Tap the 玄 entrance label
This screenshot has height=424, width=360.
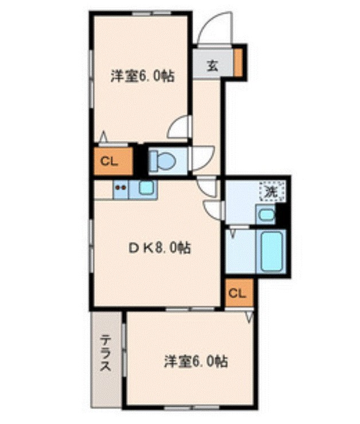(212, 65)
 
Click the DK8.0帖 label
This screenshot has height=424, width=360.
(159, 248)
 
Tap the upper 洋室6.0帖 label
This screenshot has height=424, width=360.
(143, 74)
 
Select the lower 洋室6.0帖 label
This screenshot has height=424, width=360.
(196, 362)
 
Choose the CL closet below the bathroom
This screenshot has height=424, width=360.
(237, 294)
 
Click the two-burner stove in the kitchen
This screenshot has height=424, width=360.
(121, 187)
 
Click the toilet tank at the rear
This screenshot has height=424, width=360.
(154, 161)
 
